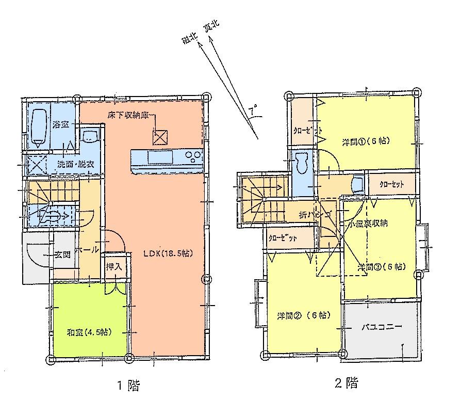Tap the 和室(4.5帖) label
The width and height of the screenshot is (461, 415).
pos(91,332)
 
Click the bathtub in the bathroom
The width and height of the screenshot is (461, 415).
pos(39,126)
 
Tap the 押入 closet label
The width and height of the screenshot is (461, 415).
pos(113,267)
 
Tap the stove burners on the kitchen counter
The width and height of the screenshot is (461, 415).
pos(192,155)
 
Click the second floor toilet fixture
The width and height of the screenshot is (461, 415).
pos(301,163)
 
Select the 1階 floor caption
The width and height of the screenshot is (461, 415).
pos(126,385)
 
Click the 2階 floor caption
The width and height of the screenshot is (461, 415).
pos(346,383)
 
